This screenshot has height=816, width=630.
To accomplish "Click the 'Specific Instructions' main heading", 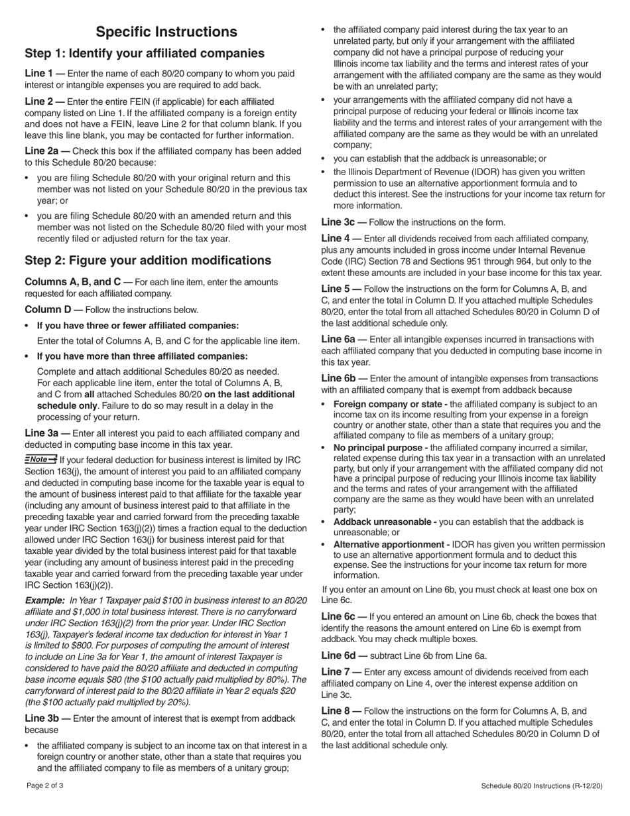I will (166, 32).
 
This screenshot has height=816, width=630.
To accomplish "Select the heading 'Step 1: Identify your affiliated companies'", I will (144, 54).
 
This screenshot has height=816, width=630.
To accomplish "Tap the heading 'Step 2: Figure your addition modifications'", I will (148, 260).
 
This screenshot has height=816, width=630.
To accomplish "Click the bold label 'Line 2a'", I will (42, 151).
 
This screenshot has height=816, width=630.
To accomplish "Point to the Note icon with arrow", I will (40, 459).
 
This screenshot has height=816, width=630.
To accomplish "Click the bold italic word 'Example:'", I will (45, 600).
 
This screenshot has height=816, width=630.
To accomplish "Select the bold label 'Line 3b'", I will (42, 718).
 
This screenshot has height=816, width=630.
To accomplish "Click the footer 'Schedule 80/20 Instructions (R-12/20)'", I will (542, 786).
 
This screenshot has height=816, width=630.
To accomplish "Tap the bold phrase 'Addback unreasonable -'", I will (385, 522).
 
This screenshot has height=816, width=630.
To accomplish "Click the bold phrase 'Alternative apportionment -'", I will (391, 544).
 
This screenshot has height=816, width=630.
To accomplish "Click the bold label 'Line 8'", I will (336, 711).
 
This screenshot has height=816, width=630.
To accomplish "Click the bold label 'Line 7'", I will (336, 672).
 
